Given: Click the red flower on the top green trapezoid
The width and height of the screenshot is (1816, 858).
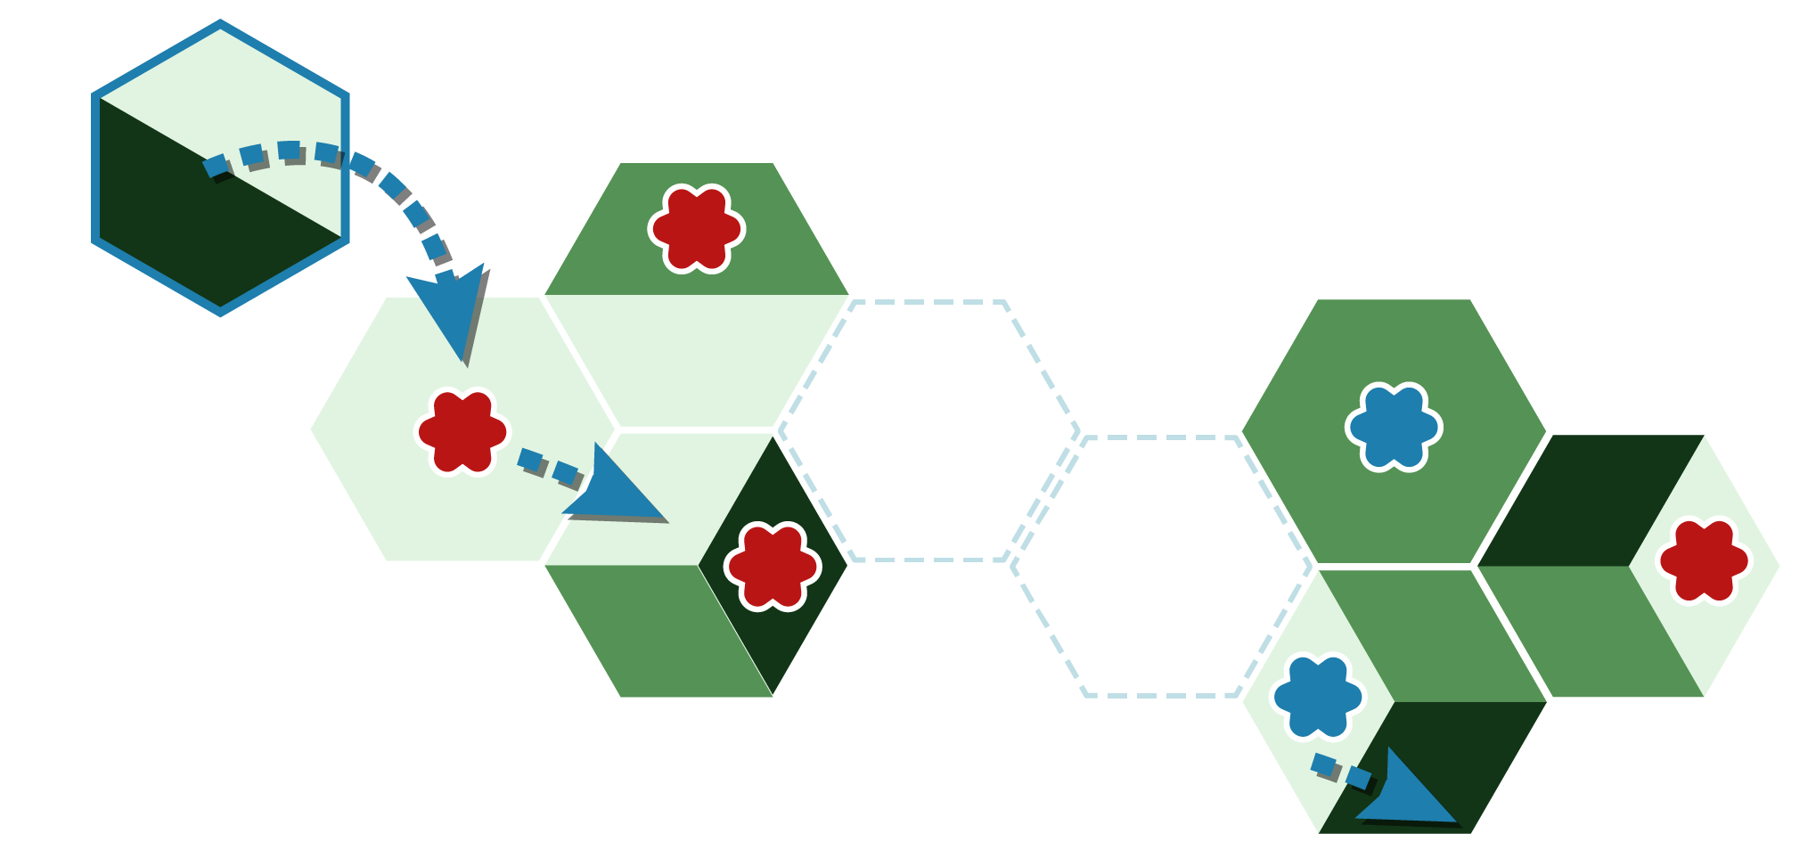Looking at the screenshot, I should click(696, 229).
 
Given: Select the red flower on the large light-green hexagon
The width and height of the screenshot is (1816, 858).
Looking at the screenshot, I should click(462, 432).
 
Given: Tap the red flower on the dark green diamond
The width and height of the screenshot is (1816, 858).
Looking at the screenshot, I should click(772, 566).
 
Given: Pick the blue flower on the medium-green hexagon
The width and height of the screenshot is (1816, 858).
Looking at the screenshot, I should click(1394, 427).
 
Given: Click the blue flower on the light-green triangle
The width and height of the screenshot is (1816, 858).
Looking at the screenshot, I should click(1317, 698).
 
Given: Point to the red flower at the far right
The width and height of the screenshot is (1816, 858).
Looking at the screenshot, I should click(1703, 561).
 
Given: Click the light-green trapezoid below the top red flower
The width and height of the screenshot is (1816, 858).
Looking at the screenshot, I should click(696, 361).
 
